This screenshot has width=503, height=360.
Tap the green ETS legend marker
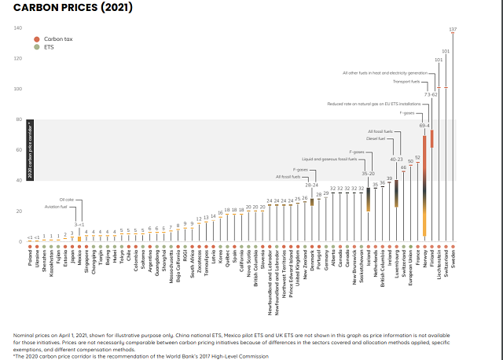36,46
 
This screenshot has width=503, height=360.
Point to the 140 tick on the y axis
18,28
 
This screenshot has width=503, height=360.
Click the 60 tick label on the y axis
19,150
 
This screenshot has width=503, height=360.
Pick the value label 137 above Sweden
453,29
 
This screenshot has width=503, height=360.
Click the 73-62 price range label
431,94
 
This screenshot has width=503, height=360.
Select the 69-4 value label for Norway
424,124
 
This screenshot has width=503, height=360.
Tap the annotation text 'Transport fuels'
406,81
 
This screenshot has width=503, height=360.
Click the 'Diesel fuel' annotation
376,138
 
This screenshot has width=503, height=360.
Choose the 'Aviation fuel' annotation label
66,207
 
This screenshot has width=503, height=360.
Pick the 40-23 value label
396,159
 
